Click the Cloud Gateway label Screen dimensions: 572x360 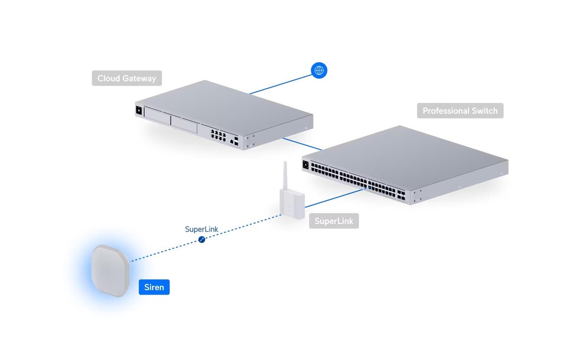(127, 78)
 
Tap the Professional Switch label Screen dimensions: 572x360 (460, 111)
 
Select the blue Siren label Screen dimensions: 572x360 (154, 287)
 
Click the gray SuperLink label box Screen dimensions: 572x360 (334, 221)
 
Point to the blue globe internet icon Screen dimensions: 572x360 (319, 70)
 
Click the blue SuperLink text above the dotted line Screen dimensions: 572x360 (201, 229)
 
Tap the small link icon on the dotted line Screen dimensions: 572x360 (202, 239)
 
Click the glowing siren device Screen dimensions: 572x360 (110, 271)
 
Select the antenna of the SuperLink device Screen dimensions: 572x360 (285, 176)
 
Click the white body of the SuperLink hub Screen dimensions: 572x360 (292, 203)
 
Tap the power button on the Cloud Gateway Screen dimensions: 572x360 (139, 110)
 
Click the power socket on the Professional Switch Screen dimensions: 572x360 (306, 165)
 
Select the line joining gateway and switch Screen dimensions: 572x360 (302, 144)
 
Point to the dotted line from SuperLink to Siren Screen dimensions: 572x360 (206, 238)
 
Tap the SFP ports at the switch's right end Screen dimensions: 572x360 (401, 195)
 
